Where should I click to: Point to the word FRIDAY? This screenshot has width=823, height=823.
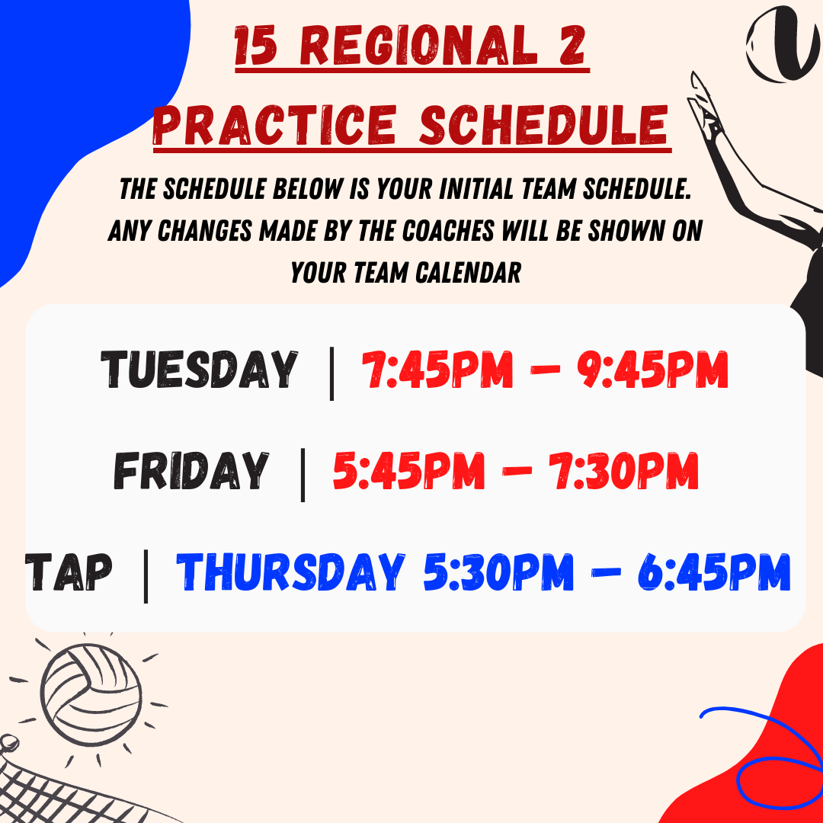click(x=191, y=470)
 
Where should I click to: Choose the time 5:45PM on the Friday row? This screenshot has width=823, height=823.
click(x=409, y=470)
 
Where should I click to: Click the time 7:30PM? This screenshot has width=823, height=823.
click(x=623, y=470)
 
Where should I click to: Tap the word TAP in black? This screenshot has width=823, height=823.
click(x=69, y=572)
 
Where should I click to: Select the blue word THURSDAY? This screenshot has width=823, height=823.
click(x=290, y=572)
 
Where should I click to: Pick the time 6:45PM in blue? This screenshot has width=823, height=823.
click(x=714, y=572)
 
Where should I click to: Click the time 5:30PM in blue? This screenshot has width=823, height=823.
click(x=498, y=572)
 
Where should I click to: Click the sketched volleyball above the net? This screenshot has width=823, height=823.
click(x=91, y=694)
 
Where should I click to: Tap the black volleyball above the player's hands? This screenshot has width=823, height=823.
click(x=783, y=44)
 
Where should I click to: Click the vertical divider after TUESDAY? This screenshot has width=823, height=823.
click(x=331, y=373)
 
